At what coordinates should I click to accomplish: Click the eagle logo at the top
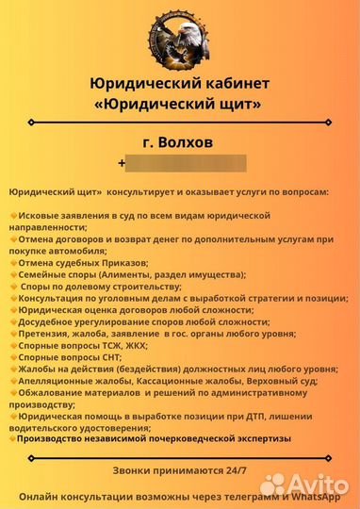click(x=180, y=37)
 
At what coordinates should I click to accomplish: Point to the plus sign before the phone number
click(x=122, y=163)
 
